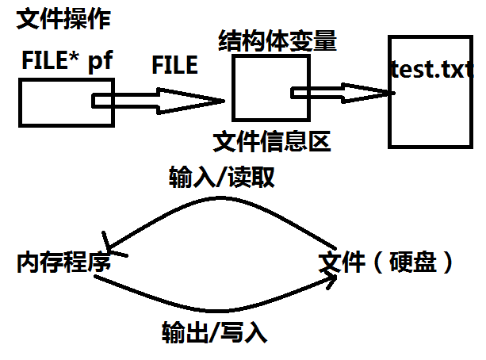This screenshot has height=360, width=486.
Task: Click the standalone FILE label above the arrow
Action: tap(174, 65)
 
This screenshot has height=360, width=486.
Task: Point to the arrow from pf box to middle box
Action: tap(159, 101)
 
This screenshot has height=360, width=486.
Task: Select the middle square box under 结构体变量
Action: tap(258, 92)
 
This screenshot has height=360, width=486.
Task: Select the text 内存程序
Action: tap(62, 263)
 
